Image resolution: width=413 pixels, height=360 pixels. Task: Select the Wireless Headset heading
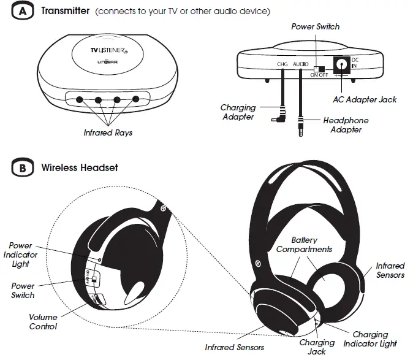[80, 167]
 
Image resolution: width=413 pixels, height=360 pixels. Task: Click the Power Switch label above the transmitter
[316, 26]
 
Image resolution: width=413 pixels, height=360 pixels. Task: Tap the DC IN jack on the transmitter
[338, 64]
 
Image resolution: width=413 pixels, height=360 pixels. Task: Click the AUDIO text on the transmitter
[301, 64]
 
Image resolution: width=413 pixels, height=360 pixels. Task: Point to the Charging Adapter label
[238, 112]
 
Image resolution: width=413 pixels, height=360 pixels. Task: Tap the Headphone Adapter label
[346, 124]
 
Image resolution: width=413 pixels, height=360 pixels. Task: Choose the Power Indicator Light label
[21, 255]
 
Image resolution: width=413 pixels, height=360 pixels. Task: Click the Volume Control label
[43, 322]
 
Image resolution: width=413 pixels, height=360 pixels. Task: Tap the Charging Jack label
[317, 347]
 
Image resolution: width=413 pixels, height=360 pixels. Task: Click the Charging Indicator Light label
[370, 339]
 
